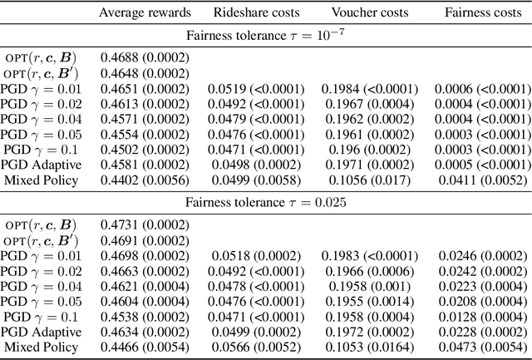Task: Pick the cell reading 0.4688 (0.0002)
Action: (145, 57)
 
